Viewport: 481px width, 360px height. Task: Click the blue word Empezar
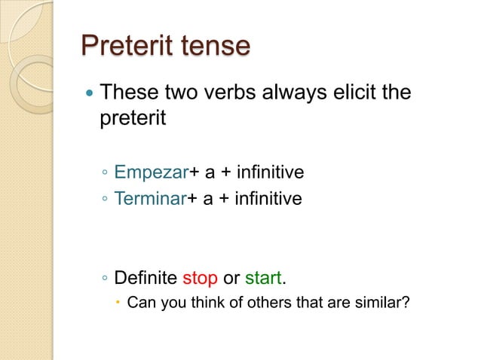coord(151,173)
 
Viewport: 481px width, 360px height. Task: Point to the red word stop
coord(200,278)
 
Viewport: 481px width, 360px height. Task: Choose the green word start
coord(262,278)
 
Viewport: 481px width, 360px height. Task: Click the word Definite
coord(146,278)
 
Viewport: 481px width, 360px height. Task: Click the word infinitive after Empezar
coord(270,173)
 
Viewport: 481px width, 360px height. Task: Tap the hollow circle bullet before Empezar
coord(105,174)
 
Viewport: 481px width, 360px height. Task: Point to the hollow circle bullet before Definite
coord(105,279)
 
